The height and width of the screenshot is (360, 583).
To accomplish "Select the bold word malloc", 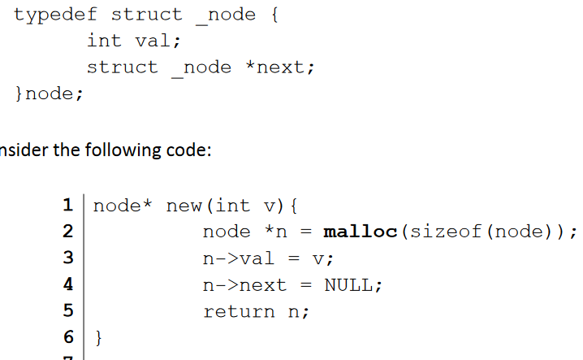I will click(360, 232).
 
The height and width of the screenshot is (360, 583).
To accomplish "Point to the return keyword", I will click(239, 311).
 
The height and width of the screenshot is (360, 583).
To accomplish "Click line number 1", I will click(69, 206).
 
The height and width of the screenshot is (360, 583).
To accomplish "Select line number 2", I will click(69, 232).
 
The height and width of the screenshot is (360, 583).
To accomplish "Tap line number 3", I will click(69, 258).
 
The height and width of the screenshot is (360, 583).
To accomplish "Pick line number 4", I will click(69, 285).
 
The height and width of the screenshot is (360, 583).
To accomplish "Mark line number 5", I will click(69, 311).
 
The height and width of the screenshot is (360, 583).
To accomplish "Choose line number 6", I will click(69, 337).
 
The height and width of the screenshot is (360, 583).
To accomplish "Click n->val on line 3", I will click(239, 258).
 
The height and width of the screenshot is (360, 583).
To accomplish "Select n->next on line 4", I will click(244, 285).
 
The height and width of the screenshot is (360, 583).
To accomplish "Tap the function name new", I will click(184, 206).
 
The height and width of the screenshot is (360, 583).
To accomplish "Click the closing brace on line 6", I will click(99, 337).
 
